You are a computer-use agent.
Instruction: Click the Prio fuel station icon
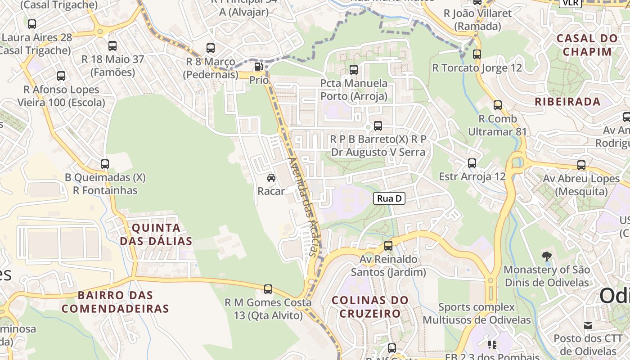(258, 67)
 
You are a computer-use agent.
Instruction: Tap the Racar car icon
(271, 178)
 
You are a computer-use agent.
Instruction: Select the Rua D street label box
(389, 198)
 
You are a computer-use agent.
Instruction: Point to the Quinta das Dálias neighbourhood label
(156, 234)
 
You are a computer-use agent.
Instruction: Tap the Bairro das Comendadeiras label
(115, 302)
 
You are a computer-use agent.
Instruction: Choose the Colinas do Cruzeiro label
(370, 306)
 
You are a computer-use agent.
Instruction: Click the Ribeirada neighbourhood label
(567, 102)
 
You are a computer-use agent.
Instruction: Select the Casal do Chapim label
(587, 45)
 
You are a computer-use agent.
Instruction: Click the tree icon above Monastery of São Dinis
(546, 256)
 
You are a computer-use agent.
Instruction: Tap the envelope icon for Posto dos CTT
(588, 325)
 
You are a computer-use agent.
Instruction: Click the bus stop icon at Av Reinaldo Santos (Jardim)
(388, 246)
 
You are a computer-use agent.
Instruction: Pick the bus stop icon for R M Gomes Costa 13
(268, 289)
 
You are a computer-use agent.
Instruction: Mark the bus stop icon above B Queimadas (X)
(105, 164)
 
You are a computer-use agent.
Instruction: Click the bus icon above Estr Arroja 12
(472, 163)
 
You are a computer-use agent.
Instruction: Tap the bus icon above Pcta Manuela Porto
(354, 70)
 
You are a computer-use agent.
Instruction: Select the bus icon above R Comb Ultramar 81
(497, 105)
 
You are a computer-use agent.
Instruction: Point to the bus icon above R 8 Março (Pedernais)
(211, 48)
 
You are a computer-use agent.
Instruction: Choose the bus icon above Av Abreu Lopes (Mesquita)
(581, 165)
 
